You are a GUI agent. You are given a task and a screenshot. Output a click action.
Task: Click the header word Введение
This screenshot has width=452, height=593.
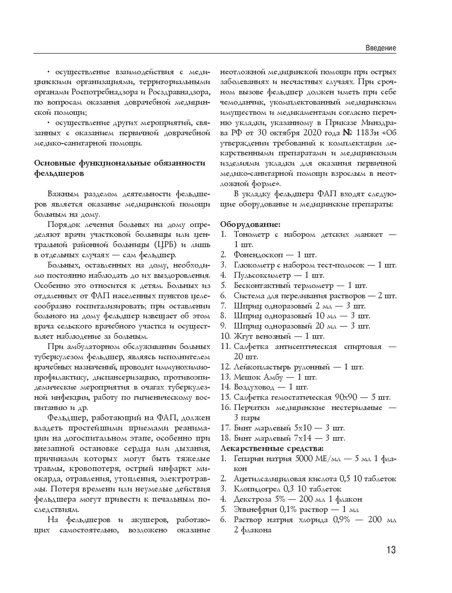(x=381, y=48)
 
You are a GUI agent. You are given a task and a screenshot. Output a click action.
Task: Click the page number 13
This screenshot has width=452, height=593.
(x=391, y=550)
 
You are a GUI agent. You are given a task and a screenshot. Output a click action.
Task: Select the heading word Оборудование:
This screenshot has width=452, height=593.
(x=250, y=224)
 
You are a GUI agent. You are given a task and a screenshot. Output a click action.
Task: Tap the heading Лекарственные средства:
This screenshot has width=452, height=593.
(x=272, y=448)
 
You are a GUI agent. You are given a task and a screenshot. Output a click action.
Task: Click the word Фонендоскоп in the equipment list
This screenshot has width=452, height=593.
(x=256, y=255)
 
